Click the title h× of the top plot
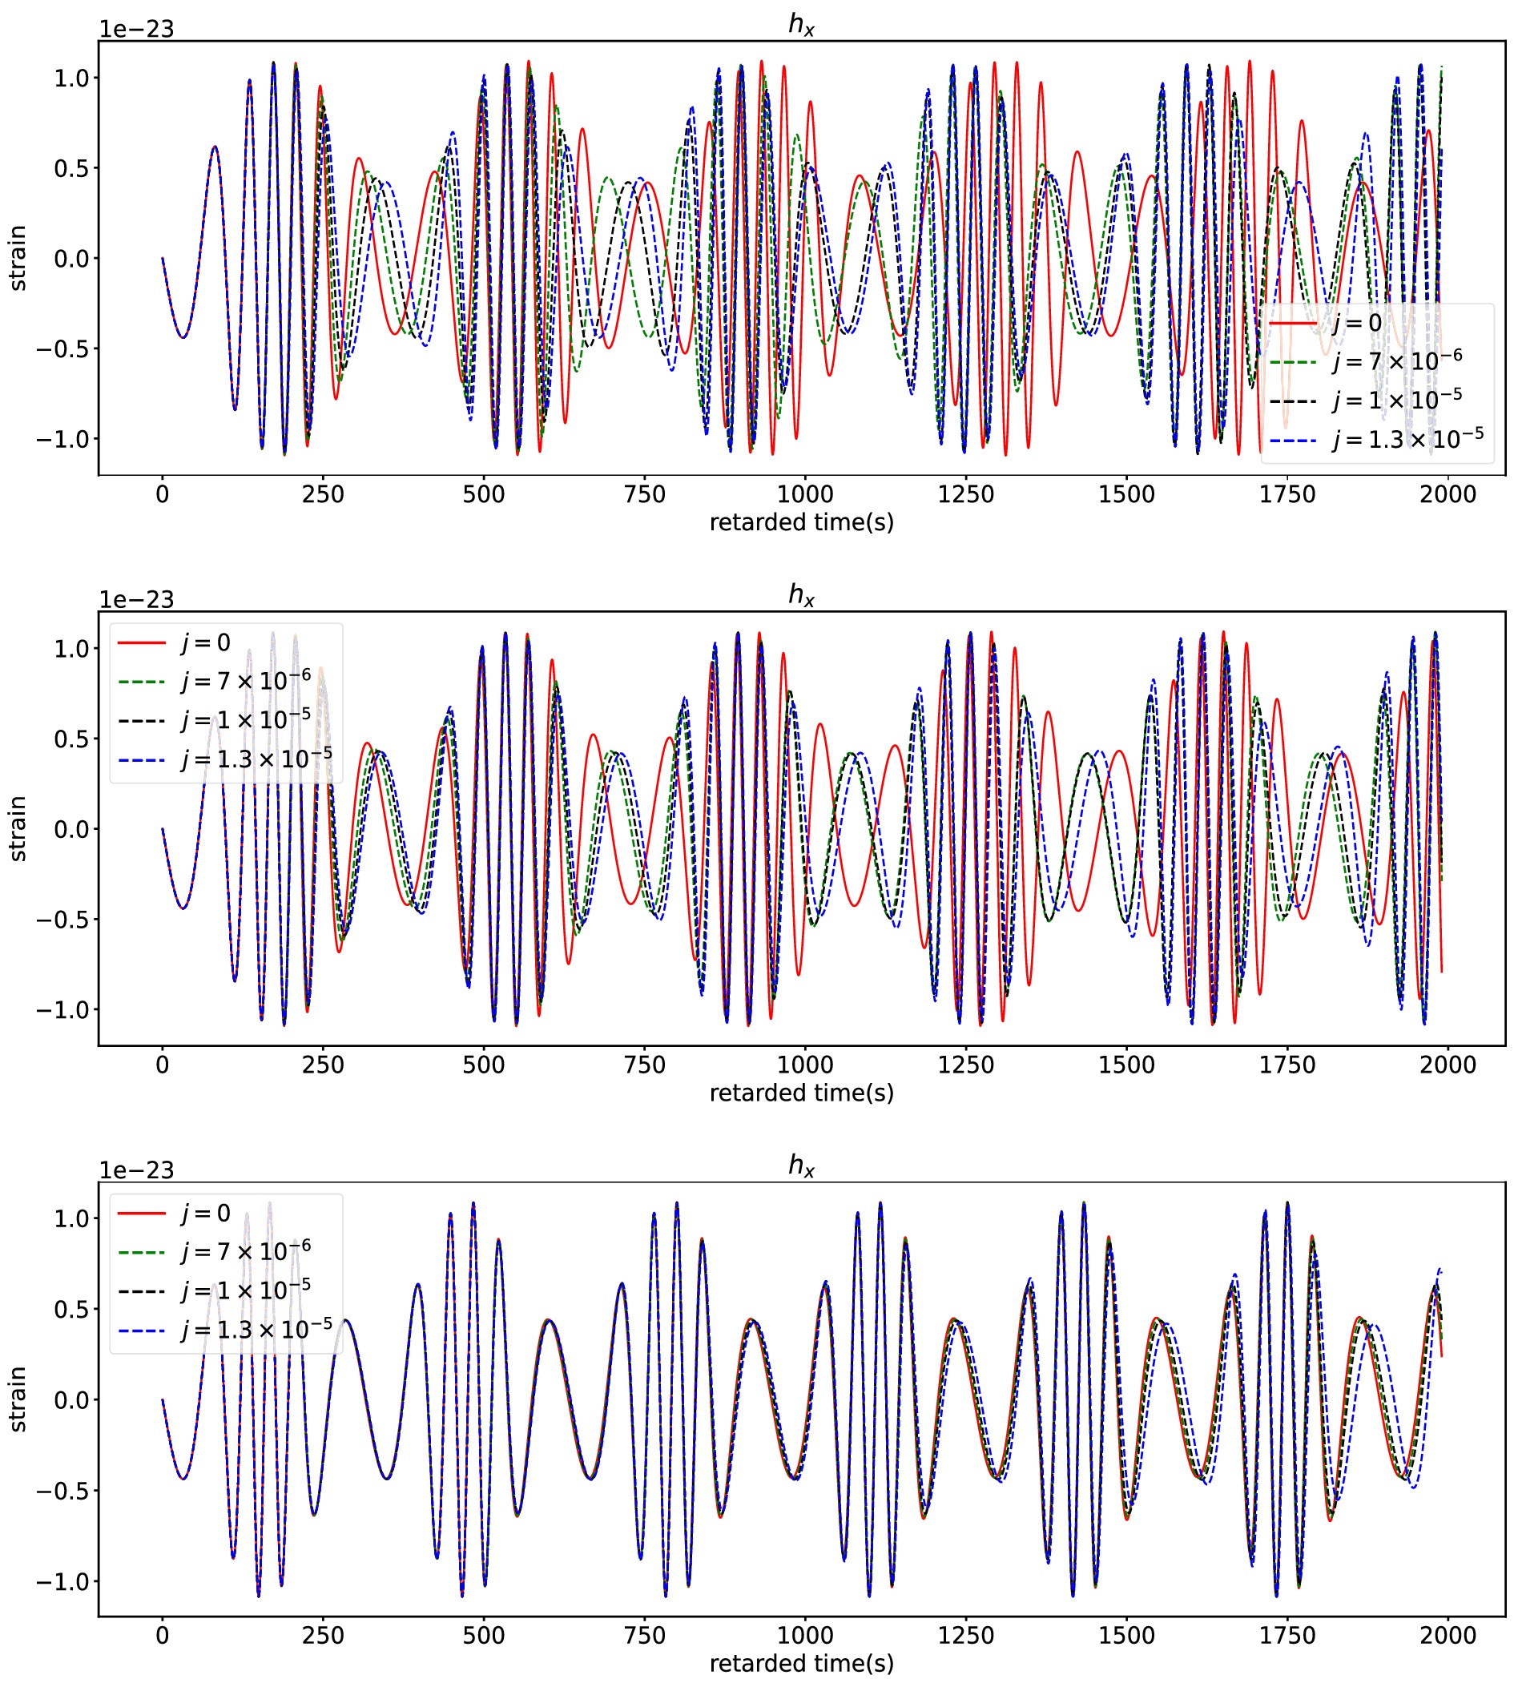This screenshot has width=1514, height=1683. tap(801, 25)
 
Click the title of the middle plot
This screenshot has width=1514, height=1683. tap(801, 596)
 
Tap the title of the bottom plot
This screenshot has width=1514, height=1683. tap(801, 1166)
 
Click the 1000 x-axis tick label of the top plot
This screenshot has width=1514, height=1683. tap(804, 494)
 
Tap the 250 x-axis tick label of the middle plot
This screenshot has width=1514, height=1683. tap(323, 1065)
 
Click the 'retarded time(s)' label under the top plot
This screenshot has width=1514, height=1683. tap(801, 522)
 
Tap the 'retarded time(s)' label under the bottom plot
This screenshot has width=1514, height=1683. tap(801, 1664)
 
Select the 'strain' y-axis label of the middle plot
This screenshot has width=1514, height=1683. tap(18, 828)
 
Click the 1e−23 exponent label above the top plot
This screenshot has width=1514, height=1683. tap(136, 29)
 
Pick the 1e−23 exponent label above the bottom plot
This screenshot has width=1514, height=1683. tap(136, 1170)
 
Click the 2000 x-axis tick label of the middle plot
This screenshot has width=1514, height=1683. tap(1448, 1065)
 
